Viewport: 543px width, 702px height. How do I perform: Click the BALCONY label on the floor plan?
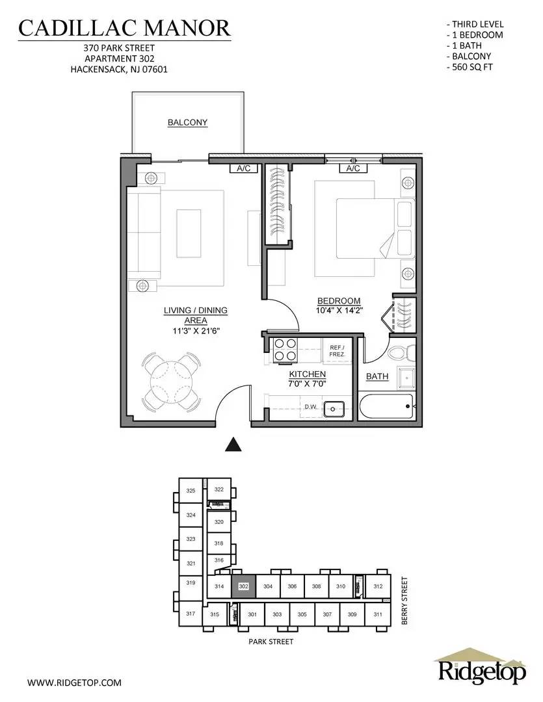(187, 122)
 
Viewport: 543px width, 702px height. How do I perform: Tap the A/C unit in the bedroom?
(353, 168)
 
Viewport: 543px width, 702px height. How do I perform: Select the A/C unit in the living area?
(244, 168)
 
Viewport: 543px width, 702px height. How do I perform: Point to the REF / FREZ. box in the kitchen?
(337, 350)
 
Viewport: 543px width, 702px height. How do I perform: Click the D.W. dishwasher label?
(311, 406)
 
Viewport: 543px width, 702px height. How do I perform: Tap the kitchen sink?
(334, 408)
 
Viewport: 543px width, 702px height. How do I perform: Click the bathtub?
(387, 406)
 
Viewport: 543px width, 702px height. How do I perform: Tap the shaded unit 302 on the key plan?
(243, 586)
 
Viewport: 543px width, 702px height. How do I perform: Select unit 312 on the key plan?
(378, 586)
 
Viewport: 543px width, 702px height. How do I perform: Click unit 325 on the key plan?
(191, 490)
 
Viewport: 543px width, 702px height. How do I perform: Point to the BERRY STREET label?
(404, 601)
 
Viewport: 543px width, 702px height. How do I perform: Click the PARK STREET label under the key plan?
(271, 642)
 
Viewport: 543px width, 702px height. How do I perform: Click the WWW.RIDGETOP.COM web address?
(74, 682)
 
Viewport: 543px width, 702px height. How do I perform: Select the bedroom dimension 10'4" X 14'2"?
(339, 310)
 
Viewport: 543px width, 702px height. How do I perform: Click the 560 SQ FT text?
(470, 67)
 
